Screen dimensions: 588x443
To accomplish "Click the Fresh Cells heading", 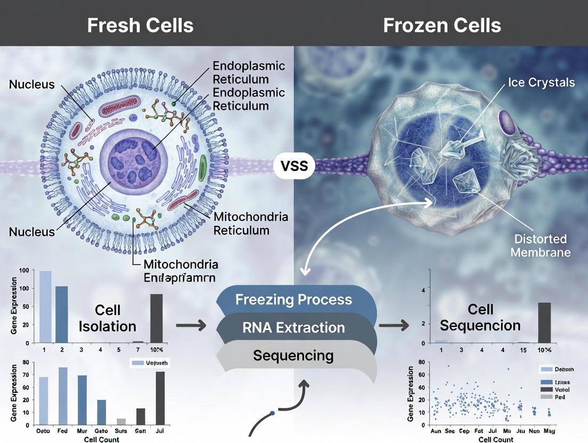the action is tap(140, 25).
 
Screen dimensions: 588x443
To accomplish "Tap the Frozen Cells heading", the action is tap(442, 25).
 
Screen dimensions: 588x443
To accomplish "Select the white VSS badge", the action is tap(294, 166).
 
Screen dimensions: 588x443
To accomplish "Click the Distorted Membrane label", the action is tap(540, 245).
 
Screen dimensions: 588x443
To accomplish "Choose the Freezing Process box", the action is tap(293, 299).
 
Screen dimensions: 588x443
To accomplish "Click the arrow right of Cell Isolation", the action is tap(191, 325).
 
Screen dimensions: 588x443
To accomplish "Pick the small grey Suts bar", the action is tap(121, 422).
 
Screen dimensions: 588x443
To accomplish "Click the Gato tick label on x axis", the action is tap(101, 430).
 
